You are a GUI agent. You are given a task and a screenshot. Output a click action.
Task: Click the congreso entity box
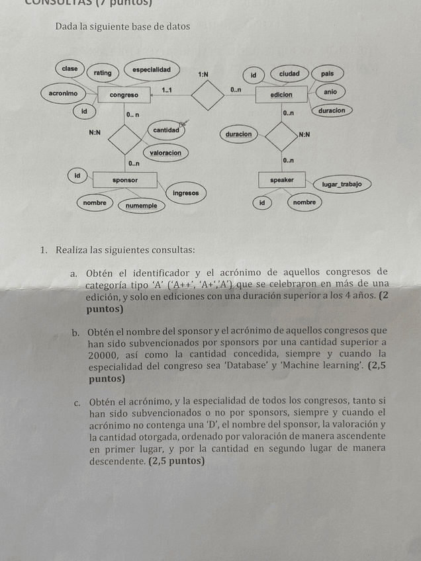(124, 95)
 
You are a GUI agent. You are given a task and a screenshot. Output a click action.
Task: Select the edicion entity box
(281, 95)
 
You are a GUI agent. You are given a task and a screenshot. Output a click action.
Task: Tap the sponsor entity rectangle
(125, 180)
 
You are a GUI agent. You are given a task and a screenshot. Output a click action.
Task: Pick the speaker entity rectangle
(281, 180)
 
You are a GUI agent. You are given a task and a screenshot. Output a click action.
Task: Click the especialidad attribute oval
(152, 70)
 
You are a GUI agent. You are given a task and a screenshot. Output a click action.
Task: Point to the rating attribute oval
(103, 73)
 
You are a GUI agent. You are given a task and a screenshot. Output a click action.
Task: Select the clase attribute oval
(70, 69)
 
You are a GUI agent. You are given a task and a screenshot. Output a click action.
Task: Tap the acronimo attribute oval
(63, 94)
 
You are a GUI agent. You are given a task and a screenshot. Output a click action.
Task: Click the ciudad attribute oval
(289, 73)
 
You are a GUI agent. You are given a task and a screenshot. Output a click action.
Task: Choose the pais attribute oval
(327, 74)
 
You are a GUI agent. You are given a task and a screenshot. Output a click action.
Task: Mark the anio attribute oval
(330, 92)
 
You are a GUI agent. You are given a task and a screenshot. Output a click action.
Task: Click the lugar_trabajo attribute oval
(342, 185)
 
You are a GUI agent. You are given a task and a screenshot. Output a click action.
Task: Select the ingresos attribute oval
(185, 193)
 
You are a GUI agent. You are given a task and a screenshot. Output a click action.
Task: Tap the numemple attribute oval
(142, 206)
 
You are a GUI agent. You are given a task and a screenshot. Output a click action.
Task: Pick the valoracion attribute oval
(165, 153)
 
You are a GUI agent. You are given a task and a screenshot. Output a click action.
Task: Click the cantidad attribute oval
(166, 130)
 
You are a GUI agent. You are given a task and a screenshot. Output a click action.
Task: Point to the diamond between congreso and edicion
(208, 95)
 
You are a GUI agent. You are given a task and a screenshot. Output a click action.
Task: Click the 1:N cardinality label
(203, 75)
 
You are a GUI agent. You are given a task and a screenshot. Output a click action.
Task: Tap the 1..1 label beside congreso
(167, 89)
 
